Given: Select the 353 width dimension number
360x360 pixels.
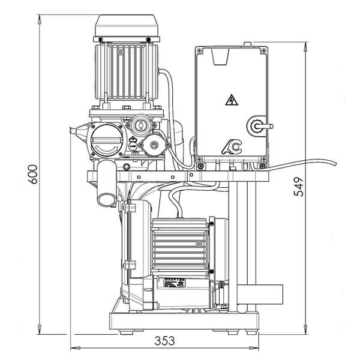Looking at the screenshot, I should pyautogui.click(x=164, y=340).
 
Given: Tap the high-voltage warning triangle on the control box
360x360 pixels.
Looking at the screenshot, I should pyautogui.click(x=232, y=100).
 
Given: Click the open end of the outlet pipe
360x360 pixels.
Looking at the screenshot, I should pyautogui.click(x=106, y=199).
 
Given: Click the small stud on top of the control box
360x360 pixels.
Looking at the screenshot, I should pyautogui.click(x=247, y=44).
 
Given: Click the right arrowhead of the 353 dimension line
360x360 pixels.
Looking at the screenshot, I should pyautogui.click(x=257, y=347).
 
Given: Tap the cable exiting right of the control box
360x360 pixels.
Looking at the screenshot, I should pyautogui.click(x=300, y=163).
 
